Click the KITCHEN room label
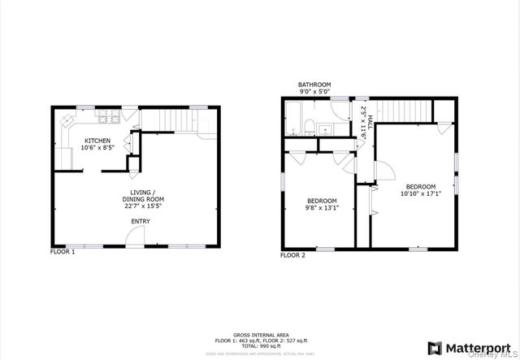97,141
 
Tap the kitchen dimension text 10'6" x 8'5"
97,148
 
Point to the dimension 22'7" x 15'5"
143,207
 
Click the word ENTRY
141,221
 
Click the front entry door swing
136,236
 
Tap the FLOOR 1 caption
63,252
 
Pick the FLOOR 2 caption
292,255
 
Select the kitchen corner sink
67,121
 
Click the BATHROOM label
314,85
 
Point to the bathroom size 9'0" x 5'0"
314,92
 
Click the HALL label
370,122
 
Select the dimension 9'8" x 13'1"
322,207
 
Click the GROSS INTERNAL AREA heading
259,335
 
